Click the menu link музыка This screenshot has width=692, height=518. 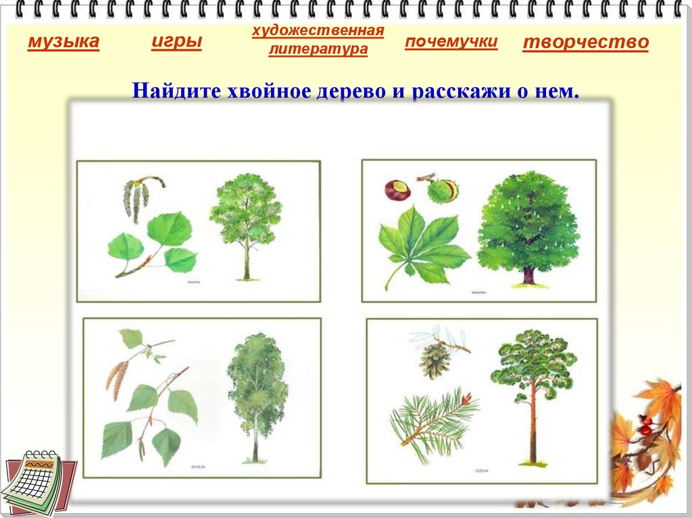(63, 43)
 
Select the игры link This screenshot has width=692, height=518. (176, 42)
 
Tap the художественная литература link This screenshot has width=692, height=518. (318, 40)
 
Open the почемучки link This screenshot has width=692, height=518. (451, 42)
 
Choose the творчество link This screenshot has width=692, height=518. (585, 43)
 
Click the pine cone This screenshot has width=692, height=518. (435, 360)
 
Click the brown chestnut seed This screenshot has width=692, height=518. (397, 190)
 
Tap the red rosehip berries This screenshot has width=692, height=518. (645, 426)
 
